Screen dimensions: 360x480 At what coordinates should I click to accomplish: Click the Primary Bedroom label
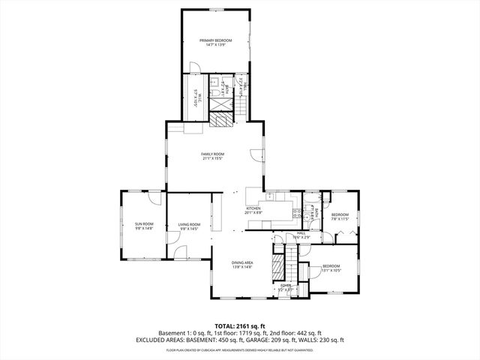tap(215, 42)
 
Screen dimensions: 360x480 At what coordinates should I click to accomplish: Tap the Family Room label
tap(212, 156)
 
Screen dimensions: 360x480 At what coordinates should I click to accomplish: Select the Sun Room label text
tap(144, 226)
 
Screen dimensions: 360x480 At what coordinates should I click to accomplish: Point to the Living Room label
tap(189, 226)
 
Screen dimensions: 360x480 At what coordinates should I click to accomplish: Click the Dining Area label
tap(241, 264)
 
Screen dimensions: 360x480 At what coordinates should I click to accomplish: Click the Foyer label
tap(286, 287)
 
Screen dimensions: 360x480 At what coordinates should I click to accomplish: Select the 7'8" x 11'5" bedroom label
tap(340, 217)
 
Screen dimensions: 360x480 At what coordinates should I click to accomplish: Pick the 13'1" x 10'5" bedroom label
tap(331, 268)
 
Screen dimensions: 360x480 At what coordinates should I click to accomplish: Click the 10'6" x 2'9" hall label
tap(301, 235)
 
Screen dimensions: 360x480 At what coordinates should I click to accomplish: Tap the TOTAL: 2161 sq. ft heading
tap(239, 326)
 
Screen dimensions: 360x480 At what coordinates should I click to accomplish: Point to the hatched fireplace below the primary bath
tap(221, 119)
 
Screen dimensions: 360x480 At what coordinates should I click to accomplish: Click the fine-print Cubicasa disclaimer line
tap(239, 349)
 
